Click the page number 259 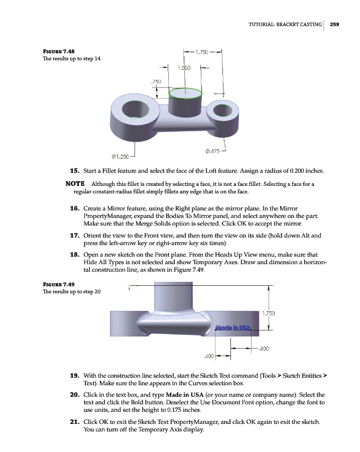point(335,24)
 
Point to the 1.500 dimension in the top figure point(185,67)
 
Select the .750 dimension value point(156,81)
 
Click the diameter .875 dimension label point(213,151)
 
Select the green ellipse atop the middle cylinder point(185,94)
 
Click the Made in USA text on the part point(232,328)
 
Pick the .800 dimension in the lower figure point(265,348)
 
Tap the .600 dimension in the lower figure point(209,356)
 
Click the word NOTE point(75,184)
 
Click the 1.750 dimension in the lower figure point(269,314)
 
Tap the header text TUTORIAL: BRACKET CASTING point(285,24)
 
